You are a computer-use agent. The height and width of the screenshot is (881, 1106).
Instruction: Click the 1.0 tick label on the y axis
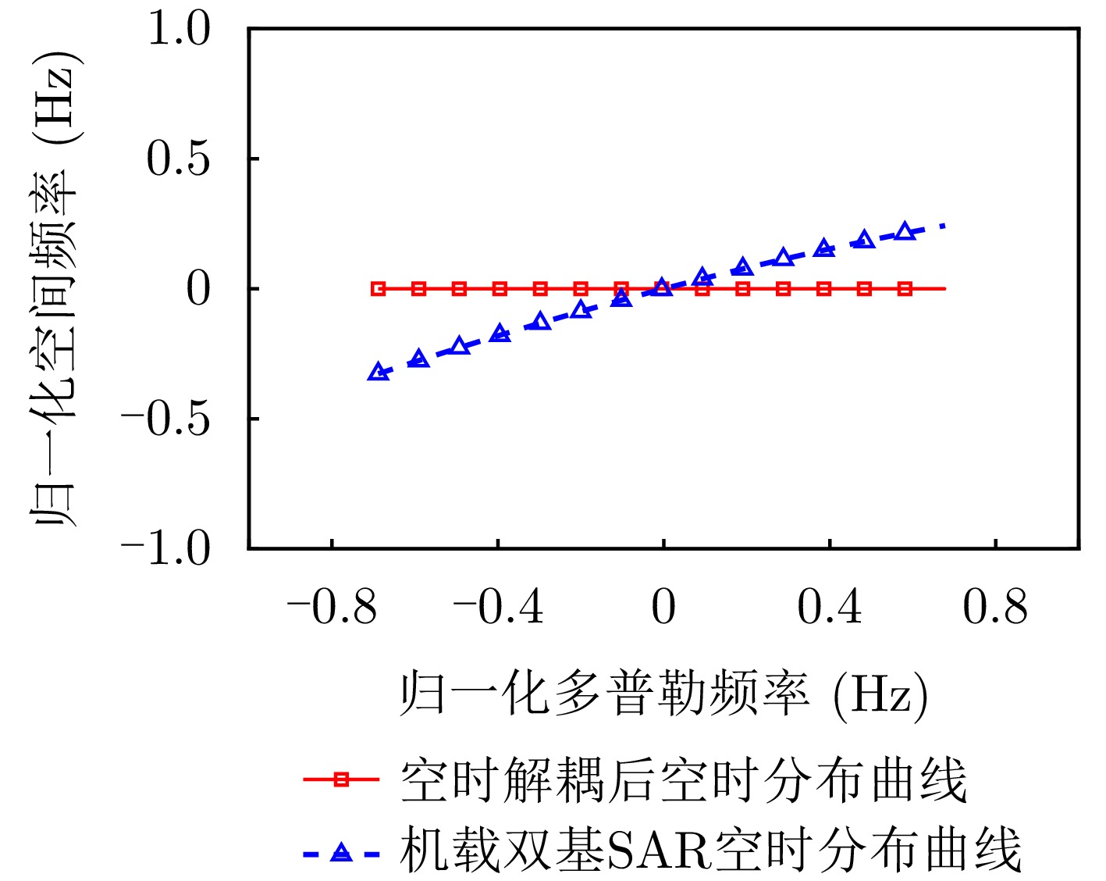[179, 30]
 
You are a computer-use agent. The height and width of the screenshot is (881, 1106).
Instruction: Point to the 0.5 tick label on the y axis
[179, 159]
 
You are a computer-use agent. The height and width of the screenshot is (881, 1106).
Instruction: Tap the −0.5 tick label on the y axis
[165, 419]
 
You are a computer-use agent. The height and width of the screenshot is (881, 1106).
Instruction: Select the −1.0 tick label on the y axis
[165, 548]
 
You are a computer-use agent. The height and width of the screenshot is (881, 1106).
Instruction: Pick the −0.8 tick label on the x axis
[332, 607]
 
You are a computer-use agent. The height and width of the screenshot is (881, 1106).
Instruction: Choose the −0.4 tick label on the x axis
[498, 607]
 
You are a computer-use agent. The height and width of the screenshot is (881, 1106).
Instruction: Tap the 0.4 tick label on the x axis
[830, 607]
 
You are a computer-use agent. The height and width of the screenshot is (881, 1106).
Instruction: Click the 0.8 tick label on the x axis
[995, 607]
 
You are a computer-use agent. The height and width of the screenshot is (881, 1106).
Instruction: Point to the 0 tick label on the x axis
[663, 607]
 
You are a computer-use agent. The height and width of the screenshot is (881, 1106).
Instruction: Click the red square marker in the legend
[341, 779]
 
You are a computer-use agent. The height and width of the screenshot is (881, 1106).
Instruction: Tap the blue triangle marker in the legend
[341, 853]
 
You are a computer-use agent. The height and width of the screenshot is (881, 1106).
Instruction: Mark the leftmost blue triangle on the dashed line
[379, 373]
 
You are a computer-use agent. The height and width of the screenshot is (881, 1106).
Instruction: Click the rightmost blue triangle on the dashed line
[905, 231]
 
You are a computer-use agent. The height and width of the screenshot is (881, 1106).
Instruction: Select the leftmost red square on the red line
[379, 289]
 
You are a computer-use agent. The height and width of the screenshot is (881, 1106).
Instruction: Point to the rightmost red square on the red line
[905, 289]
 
